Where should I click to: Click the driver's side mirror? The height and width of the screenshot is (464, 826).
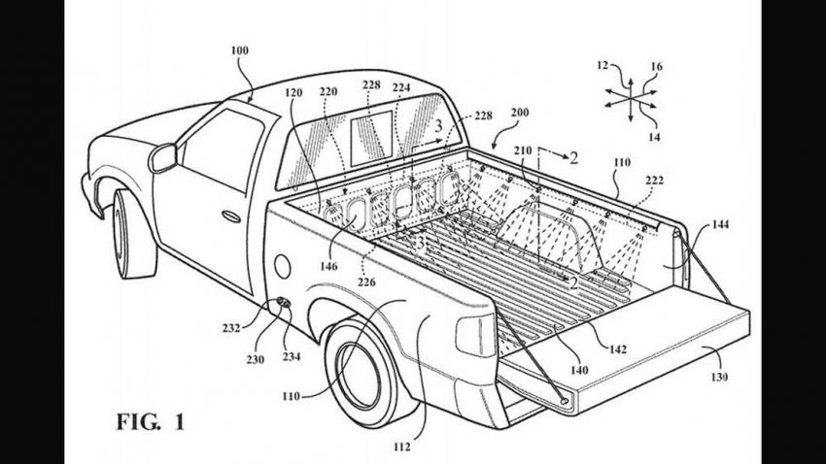tap(162, 157)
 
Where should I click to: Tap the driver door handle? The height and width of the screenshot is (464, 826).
tap(231, 215)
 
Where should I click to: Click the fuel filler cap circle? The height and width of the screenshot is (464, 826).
tap(283, 261)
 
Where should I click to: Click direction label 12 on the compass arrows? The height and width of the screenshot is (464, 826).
tap(602, 66)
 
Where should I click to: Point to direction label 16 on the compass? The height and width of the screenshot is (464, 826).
tap(657, 66)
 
